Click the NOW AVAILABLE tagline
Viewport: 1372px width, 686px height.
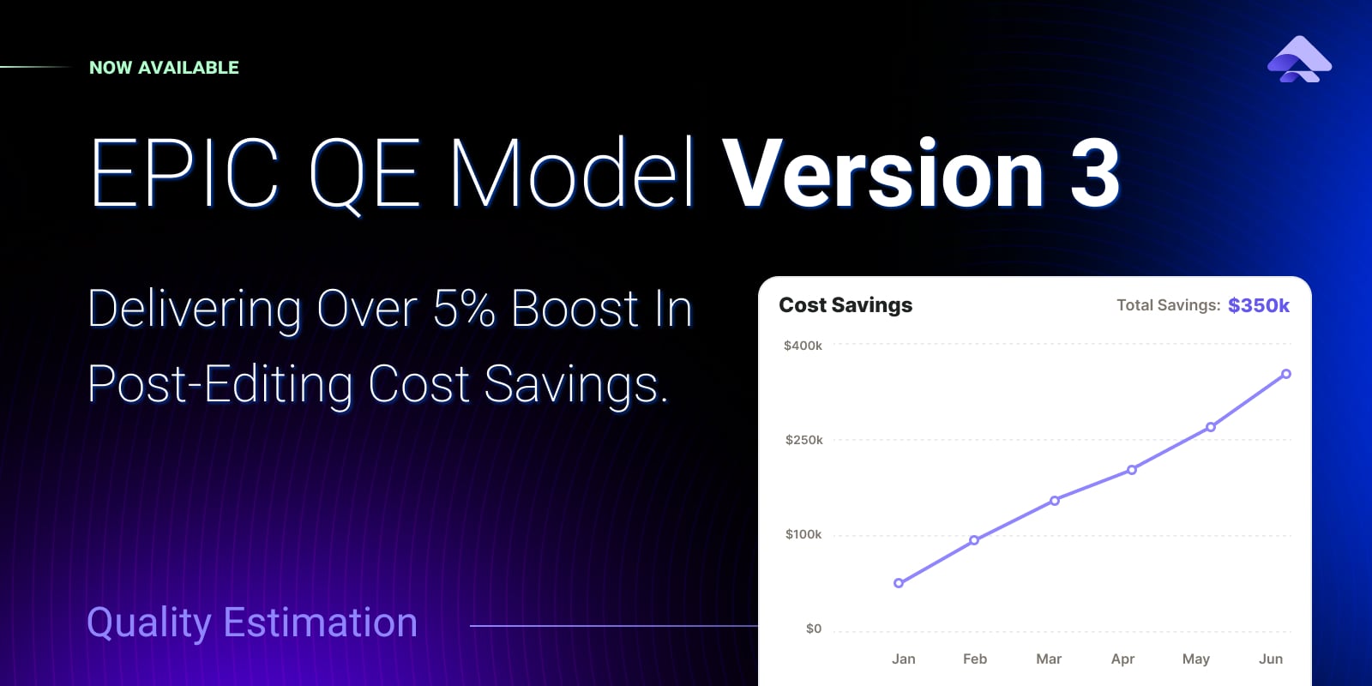(164, 68)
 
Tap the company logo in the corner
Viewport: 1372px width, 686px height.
(1299, 59)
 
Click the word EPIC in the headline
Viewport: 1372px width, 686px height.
(184, 172)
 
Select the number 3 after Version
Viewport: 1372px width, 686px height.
(1095, 173)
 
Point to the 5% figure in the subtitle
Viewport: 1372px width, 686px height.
(464, 308)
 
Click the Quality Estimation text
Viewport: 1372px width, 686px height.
(252, 623)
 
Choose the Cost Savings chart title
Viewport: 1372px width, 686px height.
(845, 305)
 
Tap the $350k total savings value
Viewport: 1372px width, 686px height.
(1259, 305)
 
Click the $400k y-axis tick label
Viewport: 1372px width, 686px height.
(803, 346)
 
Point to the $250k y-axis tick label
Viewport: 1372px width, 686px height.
(804, 440)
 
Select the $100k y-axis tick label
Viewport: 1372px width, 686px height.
(803, 534)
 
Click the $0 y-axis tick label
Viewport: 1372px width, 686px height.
(814, 629)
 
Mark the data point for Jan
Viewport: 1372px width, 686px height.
(899, 583)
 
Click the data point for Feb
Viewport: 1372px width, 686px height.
(974, 540)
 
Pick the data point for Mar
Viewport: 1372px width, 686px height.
(1055, 501)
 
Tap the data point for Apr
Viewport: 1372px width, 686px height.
(1132, 470)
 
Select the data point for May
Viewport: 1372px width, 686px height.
(1210, 427)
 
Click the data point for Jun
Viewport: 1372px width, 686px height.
(1286, 374)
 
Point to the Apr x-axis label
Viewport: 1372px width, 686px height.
(1122, 659)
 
